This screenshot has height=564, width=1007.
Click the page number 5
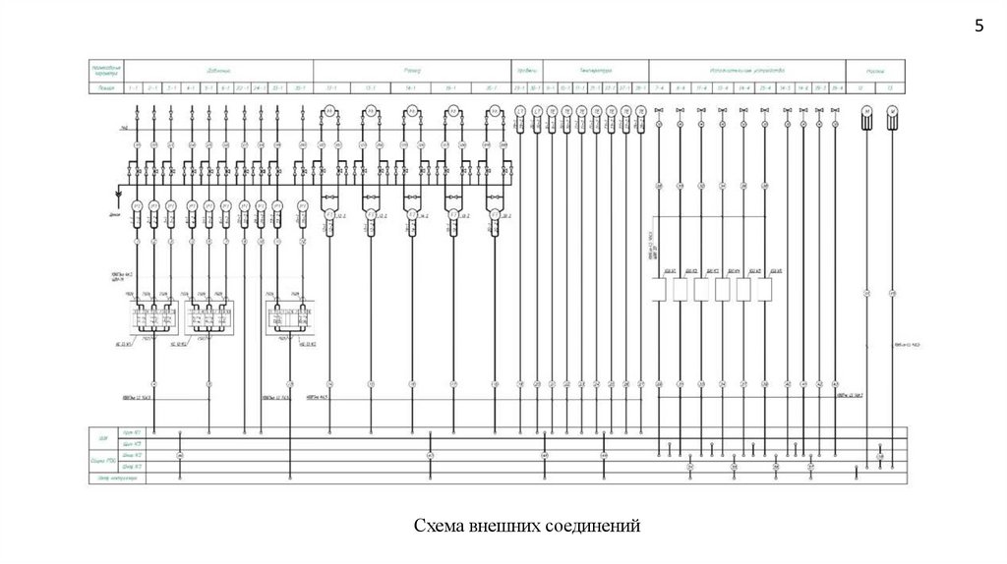tap(978, 27)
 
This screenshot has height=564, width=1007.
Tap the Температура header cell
tap(596, 71)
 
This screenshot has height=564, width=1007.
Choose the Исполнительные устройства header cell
tap(748, 71)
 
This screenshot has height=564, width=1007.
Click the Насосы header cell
tap(874, 72)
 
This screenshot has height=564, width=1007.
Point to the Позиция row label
tap(102, 87)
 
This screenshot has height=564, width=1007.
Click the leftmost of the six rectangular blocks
tap(658, 289)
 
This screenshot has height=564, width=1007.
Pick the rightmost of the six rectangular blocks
tap(764, 289)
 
